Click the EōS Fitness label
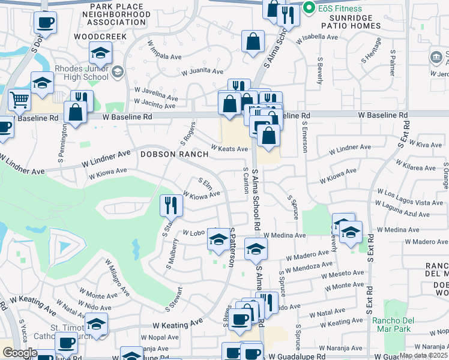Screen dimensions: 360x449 click(340, 8)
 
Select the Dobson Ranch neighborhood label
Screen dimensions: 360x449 click(175, 154)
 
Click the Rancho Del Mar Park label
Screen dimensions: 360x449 click(394, 324)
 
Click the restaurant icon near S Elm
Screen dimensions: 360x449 click(171, 206)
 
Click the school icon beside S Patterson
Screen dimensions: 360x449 click(217, 240)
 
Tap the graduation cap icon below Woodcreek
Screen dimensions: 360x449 click(101, 53)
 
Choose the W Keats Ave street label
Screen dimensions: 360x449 click(229, 149)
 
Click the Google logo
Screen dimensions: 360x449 click(19, 353)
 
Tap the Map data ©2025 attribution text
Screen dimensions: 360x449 click(423, 355)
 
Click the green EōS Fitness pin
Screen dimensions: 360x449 click(310, 8)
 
